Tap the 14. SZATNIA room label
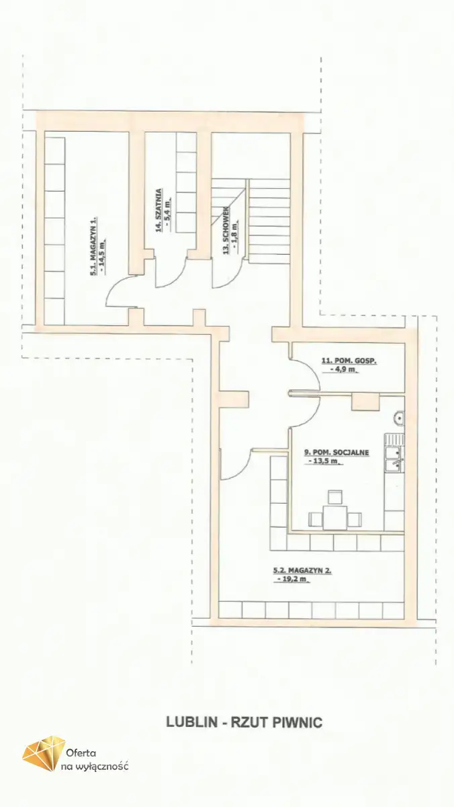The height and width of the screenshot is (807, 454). tap(158, 210)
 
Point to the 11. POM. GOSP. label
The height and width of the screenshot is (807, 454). tap(349, 361)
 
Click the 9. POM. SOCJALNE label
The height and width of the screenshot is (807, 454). tap(336, 453)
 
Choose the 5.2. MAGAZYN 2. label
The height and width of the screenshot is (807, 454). tap(302, 571)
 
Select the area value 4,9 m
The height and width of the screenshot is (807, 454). tap(340, 370)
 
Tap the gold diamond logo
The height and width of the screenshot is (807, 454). tap(44, 757)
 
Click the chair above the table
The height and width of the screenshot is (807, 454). tap(335, 496)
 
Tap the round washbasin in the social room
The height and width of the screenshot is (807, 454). tap(399, 418)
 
